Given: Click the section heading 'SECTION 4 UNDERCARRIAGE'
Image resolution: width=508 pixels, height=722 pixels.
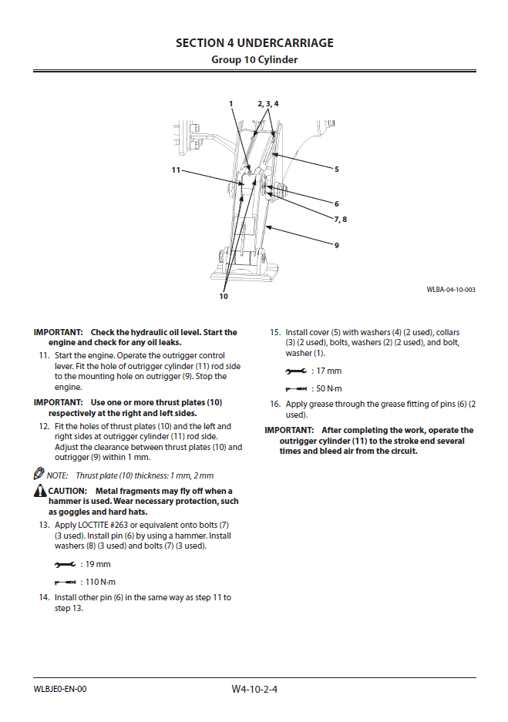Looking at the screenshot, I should (254, 43).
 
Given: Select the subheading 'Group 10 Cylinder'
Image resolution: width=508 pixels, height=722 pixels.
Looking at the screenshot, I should (254, 59).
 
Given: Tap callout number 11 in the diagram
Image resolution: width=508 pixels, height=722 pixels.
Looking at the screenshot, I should (176, 170).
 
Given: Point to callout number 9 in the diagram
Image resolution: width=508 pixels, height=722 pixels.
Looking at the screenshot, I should (337, 245).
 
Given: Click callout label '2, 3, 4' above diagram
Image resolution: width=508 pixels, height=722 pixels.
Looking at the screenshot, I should (267, 103).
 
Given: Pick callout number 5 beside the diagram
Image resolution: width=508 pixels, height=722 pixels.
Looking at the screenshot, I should (337, 168).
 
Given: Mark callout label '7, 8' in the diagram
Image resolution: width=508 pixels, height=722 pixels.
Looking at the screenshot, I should (340, 219).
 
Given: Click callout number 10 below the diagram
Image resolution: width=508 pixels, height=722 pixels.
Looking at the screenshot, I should (224, 296).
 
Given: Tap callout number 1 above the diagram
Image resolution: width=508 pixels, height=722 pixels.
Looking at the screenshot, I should (230, 103).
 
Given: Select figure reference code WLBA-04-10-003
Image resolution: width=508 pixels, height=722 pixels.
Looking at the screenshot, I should (451, 290).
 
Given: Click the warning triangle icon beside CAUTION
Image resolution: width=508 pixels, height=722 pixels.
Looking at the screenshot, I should (40, 491).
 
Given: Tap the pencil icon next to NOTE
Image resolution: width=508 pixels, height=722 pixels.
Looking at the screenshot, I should (39, 475).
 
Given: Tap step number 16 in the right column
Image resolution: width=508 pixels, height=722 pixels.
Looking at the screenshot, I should (274, 404).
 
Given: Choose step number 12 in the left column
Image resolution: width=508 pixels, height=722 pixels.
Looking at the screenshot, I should (44, 426).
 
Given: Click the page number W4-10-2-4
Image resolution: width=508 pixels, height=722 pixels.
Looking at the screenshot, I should (254, 689).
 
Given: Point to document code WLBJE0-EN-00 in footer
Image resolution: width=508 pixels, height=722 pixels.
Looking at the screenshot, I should (60, 689).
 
